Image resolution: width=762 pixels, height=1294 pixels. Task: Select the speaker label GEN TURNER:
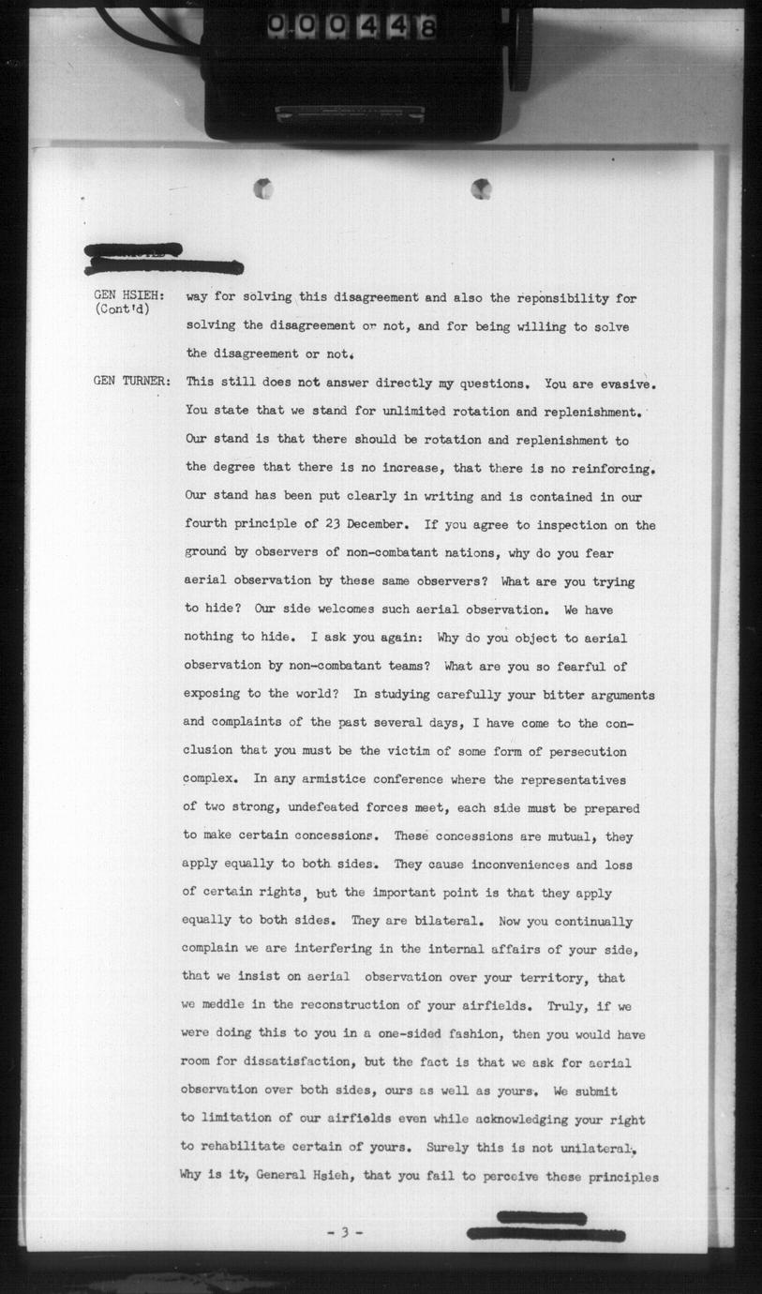(x=132, y=382)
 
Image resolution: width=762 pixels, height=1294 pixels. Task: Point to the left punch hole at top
(x=264, y=188)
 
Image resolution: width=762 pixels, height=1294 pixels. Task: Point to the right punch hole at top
(x=481, y=188)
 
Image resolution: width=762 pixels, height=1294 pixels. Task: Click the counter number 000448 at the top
(x=351, y=28)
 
